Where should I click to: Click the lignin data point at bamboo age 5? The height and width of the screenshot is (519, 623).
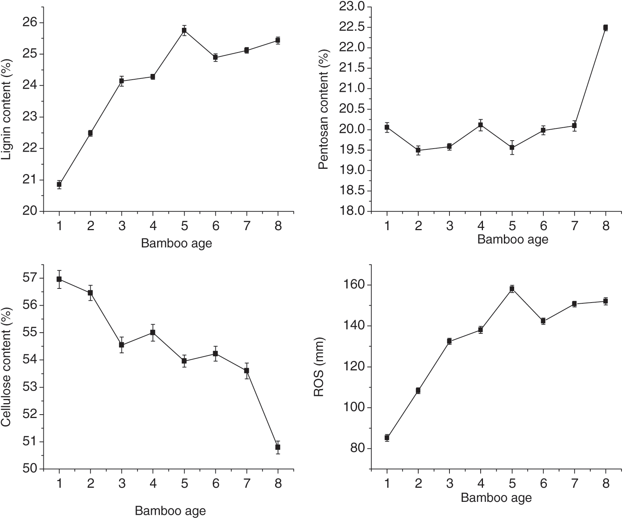click(184, 30)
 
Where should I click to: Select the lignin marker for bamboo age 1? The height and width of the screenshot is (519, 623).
click(59, 184)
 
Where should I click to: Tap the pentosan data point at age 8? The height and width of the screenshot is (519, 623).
click(605, 27)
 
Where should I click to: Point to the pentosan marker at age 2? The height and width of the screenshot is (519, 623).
click(418, 150)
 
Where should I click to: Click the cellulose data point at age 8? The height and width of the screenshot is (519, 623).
click(278, 447)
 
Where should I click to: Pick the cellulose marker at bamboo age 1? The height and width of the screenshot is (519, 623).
click(59, 279)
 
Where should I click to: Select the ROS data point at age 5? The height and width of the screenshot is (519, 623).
click(512, 288)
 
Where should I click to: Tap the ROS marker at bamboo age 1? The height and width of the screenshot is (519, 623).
click(387, 437)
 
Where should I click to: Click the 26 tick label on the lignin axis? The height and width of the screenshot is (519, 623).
click(29, 23)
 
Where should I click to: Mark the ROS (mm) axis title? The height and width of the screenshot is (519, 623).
click(319, 367)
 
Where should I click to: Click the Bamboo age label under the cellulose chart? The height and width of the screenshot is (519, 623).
click(170, 511)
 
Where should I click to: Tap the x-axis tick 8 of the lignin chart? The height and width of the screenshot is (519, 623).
click(278, 226)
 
